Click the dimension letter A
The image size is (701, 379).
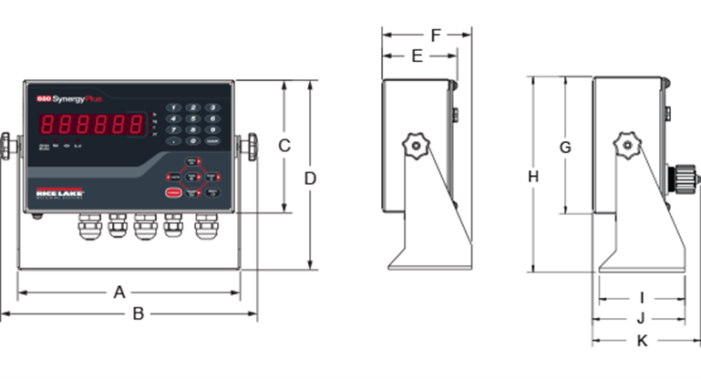pos(119,292)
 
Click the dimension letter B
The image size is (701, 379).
pos(139,313)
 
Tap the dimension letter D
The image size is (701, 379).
pos(310,179)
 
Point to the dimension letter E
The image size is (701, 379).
pos(417,56)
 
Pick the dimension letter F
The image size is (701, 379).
pos(436,36)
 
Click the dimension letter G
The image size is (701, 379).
pos(564,147)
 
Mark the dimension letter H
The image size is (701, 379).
pos(533,177)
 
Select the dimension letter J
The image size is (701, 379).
pos(641,318)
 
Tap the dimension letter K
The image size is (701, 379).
pos(642,341)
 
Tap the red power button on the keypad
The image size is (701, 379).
pos(171,193)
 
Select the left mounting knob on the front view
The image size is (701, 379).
pos(9,145)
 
